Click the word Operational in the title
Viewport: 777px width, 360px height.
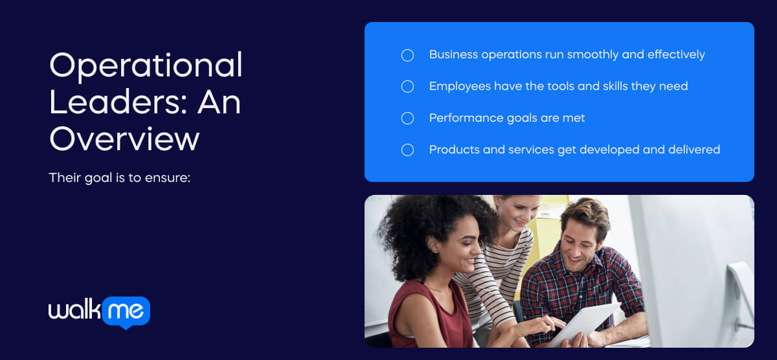coord(146,66)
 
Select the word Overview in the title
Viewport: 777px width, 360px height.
coord(124,138)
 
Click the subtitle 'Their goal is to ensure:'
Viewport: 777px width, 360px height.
coord(119,177)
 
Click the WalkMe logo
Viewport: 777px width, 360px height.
coord(99,312)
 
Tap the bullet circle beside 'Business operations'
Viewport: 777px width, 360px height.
coord(407,55)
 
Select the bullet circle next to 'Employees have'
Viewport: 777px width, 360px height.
coord(407,86)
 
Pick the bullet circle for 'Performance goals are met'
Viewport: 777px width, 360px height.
coord(407,118)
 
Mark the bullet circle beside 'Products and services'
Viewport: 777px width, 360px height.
coord(407,150)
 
